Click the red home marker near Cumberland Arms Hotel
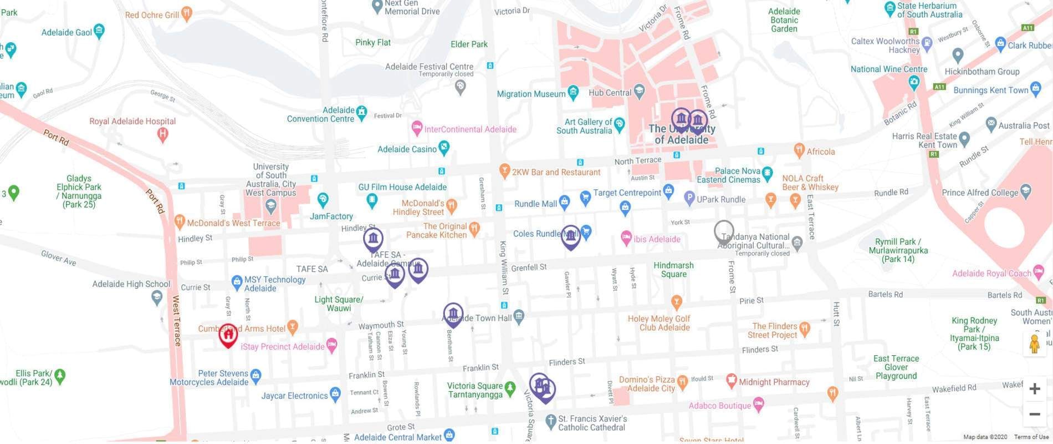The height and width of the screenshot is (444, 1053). point(228,335)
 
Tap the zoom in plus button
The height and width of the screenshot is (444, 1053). point(1034,389)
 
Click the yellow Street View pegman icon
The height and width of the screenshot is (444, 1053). point(1034,345)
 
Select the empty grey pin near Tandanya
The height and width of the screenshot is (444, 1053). point(724,231)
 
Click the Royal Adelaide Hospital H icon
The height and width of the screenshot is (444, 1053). point(162,134)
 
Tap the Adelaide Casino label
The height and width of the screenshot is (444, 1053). point(407,149)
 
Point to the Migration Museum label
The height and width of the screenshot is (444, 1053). point(530,94)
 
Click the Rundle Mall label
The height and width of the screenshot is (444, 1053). point(535,204)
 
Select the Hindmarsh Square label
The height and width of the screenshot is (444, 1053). point(673,270)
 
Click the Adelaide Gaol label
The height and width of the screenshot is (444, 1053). point(67,32)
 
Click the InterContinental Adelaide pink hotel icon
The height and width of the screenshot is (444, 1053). point(417,129)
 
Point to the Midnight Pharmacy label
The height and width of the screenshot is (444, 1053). point(774,382)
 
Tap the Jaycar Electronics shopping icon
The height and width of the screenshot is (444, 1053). point(335,395)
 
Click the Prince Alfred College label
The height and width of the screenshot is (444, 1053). point(980,193)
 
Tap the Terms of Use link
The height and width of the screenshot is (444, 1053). point(1031,437)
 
